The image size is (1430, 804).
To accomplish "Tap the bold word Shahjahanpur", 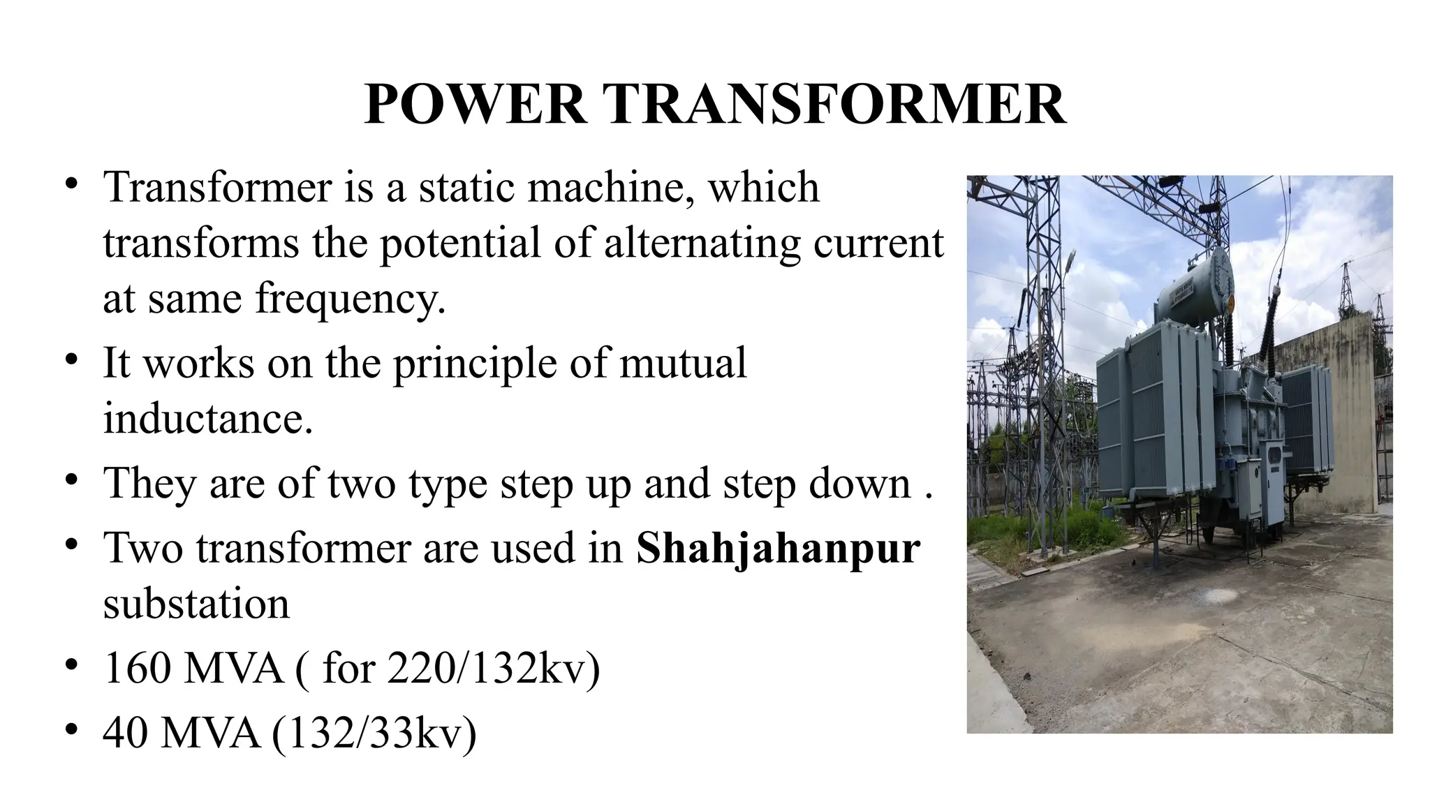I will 778,548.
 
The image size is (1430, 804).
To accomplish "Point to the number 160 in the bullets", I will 137,668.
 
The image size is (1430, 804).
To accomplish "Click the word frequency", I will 350,298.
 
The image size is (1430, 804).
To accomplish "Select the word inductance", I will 208,418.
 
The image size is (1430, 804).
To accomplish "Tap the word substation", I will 196,604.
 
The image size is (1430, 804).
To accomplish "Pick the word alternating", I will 702,243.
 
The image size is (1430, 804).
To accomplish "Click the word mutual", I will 683,363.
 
